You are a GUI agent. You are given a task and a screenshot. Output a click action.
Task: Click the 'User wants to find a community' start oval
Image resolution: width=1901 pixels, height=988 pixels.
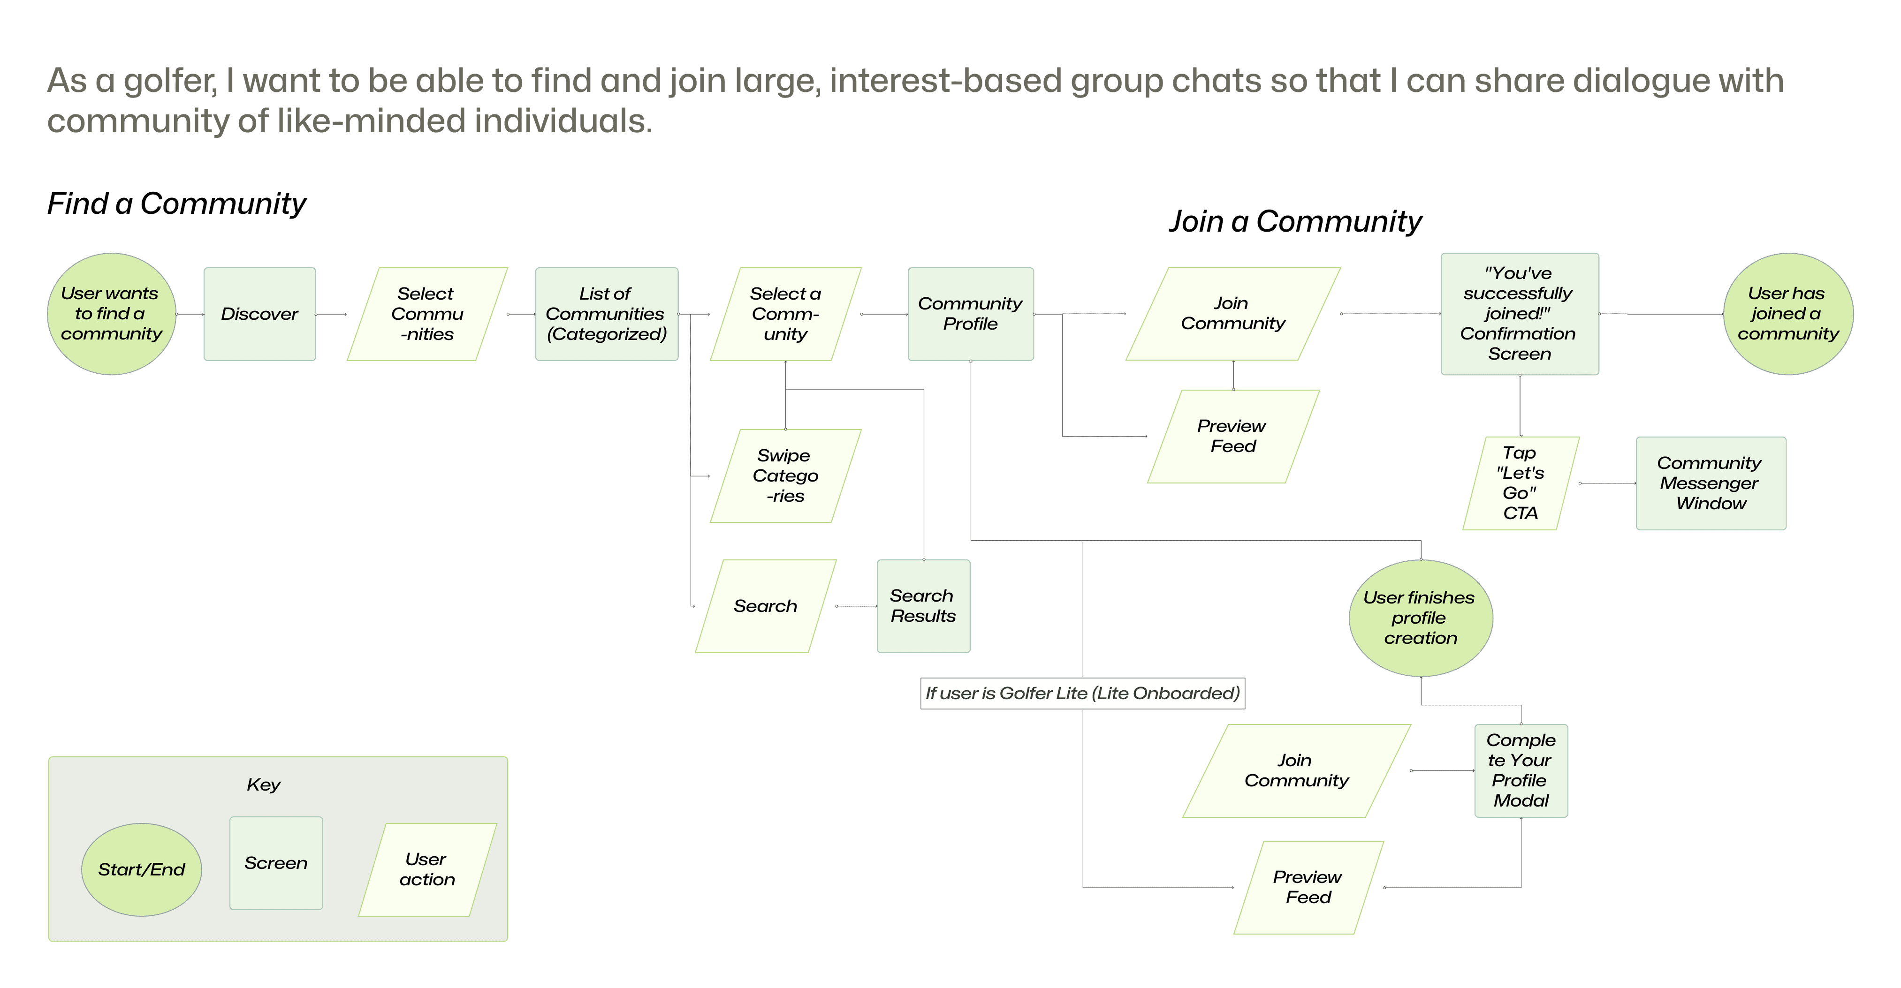click(112, 314)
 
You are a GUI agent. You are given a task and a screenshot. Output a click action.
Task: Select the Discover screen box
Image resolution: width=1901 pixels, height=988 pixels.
click(259, 314)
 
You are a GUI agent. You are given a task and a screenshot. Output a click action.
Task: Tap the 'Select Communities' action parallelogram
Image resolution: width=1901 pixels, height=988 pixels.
click(427, 314)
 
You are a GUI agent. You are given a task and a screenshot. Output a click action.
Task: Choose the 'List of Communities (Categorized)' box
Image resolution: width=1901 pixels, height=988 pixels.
click(606, 314)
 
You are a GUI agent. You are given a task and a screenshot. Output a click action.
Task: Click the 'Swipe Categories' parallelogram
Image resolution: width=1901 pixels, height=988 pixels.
click(785, 476)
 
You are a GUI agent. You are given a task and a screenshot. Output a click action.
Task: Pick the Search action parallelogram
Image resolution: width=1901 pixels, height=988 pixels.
click(765, 606)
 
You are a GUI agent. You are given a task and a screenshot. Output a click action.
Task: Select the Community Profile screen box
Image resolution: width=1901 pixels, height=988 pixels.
click(970, 314)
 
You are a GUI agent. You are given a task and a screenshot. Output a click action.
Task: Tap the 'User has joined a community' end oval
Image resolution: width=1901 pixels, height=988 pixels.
click(1787, 314)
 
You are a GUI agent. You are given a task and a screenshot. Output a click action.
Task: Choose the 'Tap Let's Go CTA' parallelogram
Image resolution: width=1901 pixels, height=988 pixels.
click(1520, 483)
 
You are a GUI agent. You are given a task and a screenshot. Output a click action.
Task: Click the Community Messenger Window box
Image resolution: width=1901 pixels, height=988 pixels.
click(1710, 483)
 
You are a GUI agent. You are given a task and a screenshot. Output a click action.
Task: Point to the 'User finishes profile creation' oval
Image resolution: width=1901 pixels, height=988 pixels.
click(1420, 618)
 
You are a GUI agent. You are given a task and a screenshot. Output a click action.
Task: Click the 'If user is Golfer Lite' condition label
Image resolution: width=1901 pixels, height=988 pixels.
click(1082, 694)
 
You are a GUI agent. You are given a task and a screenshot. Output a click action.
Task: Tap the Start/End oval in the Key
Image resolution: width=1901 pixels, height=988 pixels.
click(141, 869)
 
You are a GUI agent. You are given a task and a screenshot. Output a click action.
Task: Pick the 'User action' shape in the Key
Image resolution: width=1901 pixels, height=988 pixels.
click(427, 869)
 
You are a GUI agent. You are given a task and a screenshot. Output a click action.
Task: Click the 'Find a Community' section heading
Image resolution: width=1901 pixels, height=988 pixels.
click(176, 204)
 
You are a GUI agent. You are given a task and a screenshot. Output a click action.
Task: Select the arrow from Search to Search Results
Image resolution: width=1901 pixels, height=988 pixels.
click(856, 606)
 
